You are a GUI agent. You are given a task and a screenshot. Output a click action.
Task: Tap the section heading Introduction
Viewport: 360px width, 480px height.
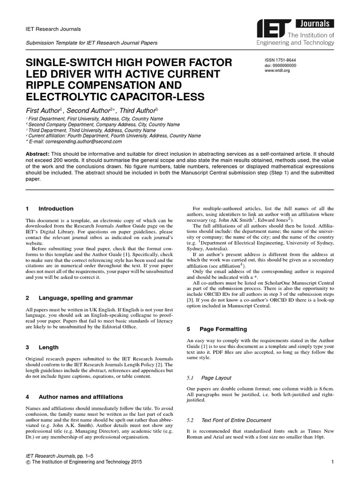(56, 209)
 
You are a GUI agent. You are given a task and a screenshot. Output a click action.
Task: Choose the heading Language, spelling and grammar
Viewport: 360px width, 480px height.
(85, 298)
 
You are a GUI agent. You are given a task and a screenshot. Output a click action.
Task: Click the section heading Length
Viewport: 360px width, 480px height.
(48, 347)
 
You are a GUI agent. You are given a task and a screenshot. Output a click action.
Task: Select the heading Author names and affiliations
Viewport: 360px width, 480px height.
(81, 397)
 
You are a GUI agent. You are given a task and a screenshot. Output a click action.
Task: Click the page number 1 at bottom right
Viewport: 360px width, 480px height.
(332, 462)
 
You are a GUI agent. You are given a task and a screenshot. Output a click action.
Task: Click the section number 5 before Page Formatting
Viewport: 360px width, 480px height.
(188, 329)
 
